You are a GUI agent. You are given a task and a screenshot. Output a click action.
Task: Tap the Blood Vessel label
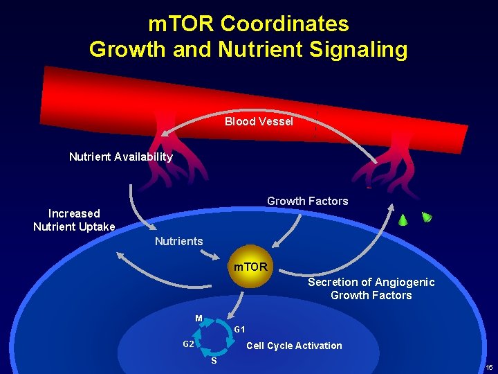pyautogui.click(x=259, y=122)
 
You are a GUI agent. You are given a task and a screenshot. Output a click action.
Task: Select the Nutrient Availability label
pyautogui.click(x=121, y=157)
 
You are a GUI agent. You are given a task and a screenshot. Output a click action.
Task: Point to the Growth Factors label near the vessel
pyautogui.click(x=307, y=201)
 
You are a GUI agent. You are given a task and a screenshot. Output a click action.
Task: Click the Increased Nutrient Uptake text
pyautogui.click(x=74, y=220)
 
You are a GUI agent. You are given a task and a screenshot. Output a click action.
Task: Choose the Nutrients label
pyautogui.click(x=178, y=241)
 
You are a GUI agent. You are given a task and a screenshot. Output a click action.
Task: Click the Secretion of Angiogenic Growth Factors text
pyautogui.click(x=371, y=289)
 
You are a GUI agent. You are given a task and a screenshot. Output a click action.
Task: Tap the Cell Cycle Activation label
pyautogui.click(x=294, y=346)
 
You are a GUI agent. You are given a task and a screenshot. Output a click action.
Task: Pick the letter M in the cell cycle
pyautogui.click(x=199, y=319)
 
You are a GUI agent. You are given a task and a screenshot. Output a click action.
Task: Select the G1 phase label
pyautogui.click(x=239, y=329)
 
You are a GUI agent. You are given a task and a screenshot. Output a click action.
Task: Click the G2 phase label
pyautogui.click(x=188, y=344)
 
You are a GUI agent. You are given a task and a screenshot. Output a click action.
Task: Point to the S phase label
pyautogui.click(x=214, y=361)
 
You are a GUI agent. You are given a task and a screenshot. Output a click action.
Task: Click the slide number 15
pyautogui.click(x=489, y=367)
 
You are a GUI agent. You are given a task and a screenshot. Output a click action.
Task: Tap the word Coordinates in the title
pyautogui.click(x=284, y=24)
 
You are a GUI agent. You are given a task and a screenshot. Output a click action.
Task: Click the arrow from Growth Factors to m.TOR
pyautogui.click(x=287, y=232)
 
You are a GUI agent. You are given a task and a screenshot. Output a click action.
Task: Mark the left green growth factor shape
pyautogui.click(x=403, y=220)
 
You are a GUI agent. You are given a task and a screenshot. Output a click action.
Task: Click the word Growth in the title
pyautogui.click(x=124, y=49)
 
